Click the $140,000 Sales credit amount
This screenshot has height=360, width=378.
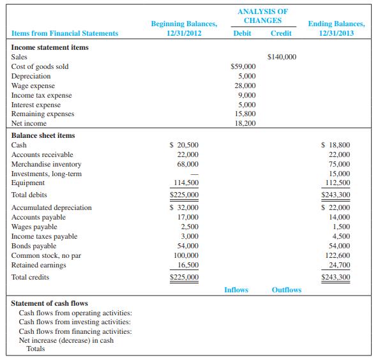281,57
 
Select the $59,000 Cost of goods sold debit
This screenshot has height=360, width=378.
243,66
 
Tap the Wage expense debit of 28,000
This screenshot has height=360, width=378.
245,86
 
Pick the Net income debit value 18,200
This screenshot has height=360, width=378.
245,124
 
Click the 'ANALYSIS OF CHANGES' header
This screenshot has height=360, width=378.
262,16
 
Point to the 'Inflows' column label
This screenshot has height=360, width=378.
236,290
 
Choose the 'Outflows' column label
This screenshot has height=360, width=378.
286,290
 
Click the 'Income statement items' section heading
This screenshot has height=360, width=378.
50,47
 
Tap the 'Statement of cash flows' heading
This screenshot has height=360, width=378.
50,303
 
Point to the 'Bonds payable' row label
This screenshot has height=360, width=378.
34,246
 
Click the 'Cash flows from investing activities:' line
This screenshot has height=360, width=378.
75,322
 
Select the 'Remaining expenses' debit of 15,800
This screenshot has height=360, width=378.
245,114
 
